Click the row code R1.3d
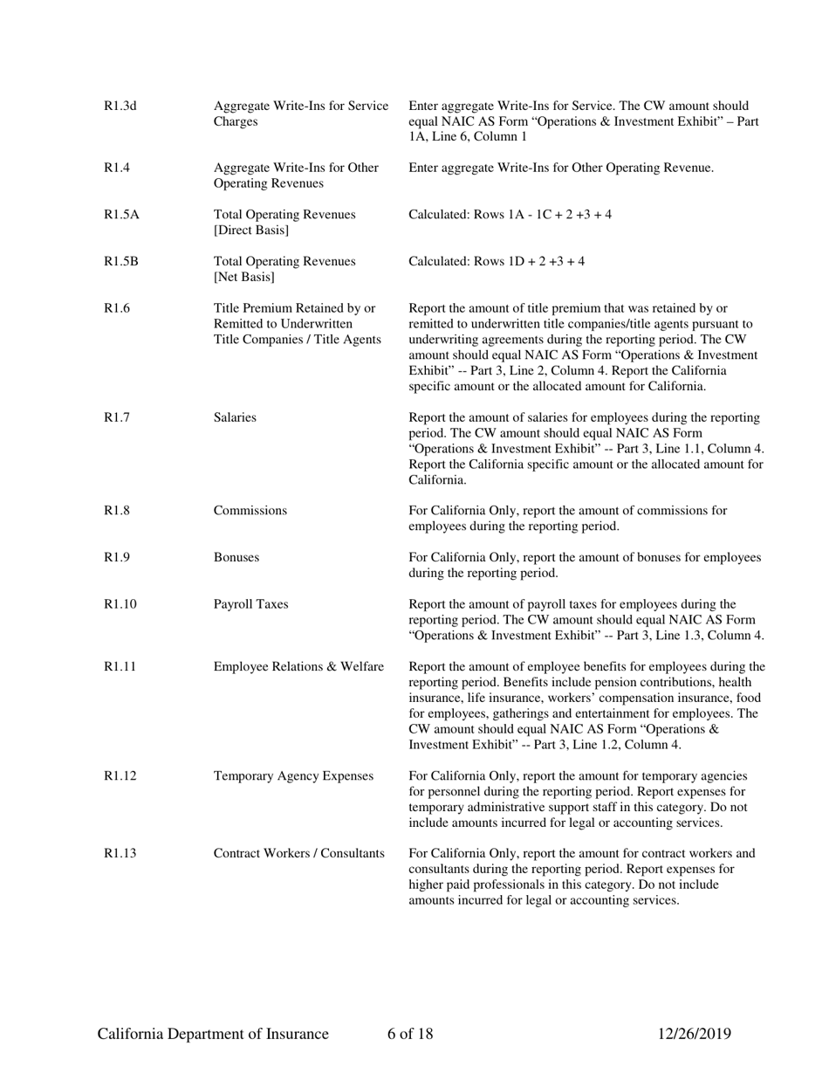[x=120, y=107]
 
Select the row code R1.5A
[x=121, y=214]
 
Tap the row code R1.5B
[x=121, y=261]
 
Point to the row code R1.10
[x=120, y=604]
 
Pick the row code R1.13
[x=120, y=853]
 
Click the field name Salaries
[x=235, y=417]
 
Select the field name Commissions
[x=250, y=511]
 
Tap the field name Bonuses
[x=236, y=558]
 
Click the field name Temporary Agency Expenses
[x=293, y=775]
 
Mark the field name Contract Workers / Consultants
[x=298, y=853]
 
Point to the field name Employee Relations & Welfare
[x=298, y=667]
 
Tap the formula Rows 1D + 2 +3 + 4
[x=531, y=262]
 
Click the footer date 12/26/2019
[x=694, y=1035]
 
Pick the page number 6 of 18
[x=410, y=1035]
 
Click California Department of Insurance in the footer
[x=213, y=1035]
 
